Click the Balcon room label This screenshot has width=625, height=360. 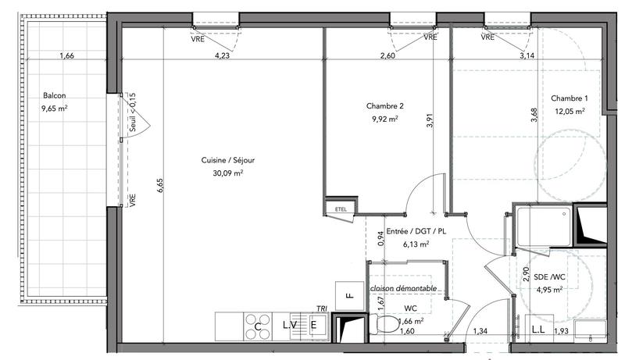tap(55, 96)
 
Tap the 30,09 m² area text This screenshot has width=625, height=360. tap(228, 173)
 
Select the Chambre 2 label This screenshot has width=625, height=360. tap(384, 106)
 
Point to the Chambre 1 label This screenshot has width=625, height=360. tap(569, 98)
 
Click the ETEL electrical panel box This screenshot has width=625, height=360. tap(340, 209)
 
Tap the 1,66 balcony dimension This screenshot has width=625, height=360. tap(66, 55)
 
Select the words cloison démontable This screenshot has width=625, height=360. tap(403, 288)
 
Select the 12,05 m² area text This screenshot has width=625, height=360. tap(570, 112)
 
